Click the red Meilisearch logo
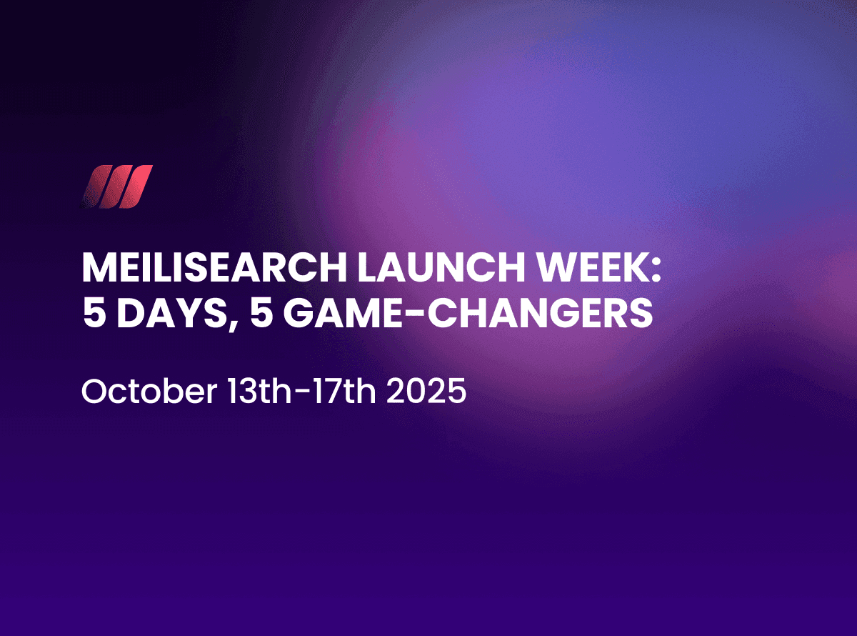(117, 187)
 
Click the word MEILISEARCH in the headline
(215, 268)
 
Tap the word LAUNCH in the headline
(441, 268)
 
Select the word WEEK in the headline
(590, 268)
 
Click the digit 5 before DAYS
(94, 313)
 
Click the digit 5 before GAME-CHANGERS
(261, 313)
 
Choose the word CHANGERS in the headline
(540, 313)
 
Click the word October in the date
(149, 392)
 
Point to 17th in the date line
(345, 392)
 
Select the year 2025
(426, 392)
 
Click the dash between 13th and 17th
(304, 394)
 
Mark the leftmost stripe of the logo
(96, 187)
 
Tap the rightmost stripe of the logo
(136, 187)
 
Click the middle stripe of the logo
(116, 187)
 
